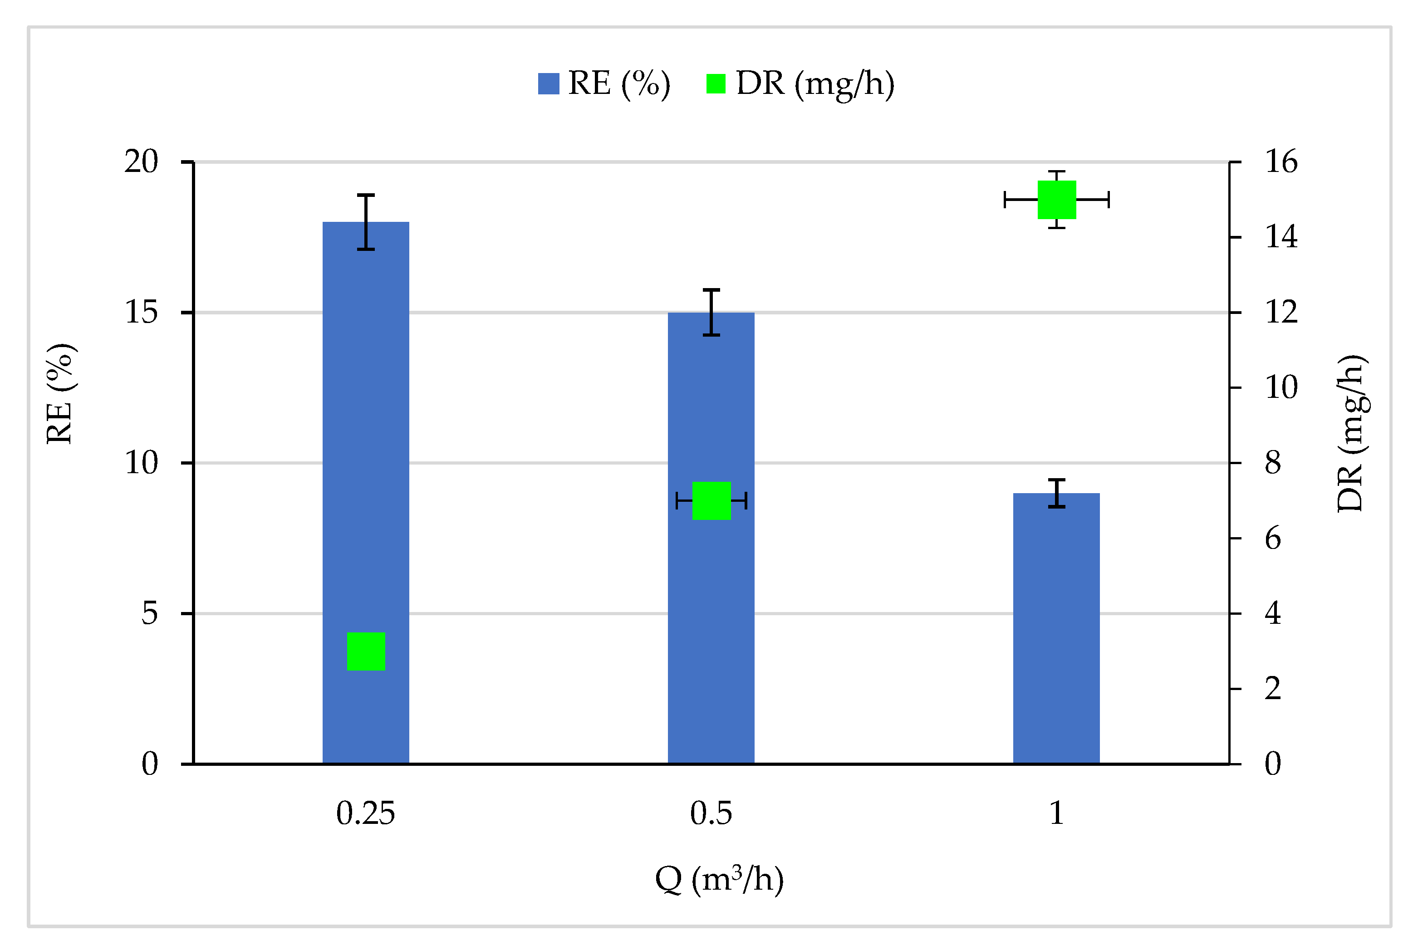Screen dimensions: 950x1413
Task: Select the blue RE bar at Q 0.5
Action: pyautogui.click(x=711, y=606)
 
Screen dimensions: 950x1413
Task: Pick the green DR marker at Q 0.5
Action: pyautogui.click(x=711, y=500)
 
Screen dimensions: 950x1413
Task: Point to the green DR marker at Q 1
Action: pyautogui.click(x=1057, y=199)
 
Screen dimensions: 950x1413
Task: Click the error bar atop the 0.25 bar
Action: pyautogui.click(x=365, y=222)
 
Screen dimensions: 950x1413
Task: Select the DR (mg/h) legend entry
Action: pyautogui.click(x=800, y=83)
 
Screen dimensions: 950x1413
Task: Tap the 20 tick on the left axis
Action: pyautogui.click(x=141, y=162)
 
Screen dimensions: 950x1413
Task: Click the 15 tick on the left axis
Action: pyautogui.click(x=141, y=313)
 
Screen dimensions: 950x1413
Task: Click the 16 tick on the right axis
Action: pyautogui.click(x=1281, y=162)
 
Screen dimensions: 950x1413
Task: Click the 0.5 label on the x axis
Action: pyautogui.click(x=711, y=813)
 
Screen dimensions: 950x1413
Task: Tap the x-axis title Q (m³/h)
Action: pyautogui.click(x=719, y=879)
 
